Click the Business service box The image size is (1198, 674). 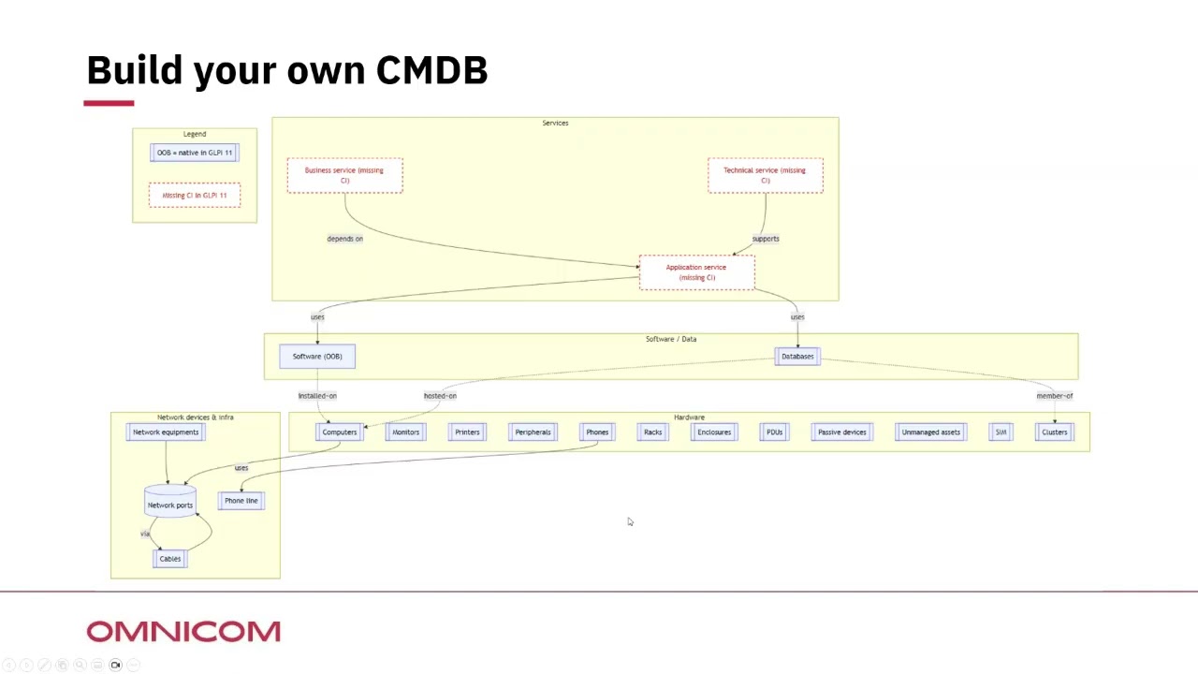pyautogui.click(x=344, y=175)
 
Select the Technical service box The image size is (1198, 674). pyautogui.click(x=765, y=175)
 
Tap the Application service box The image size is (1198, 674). pyautogui.click(x=696, y=272)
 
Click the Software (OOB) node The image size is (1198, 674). pyautogui.click(x=317, y=356)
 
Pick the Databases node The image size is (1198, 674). pyautogui.click(x=797, y=356)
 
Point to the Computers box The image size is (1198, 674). pyautogui.click(x=339, y=432)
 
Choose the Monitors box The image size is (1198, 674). pyautogui.click(x=405, y=432)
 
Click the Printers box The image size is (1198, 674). pyautogui.click(x=467, y=432)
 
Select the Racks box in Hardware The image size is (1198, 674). pyautogui.click(x=652, y=432)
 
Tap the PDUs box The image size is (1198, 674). pyautogui.click(x=774, y=432)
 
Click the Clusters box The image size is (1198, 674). pyautogui.click(x=1054, y=432)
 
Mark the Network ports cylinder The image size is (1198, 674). pyautogui.click(x=169, y=503)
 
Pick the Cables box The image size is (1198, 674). pyautogui.click(x=169, y=559)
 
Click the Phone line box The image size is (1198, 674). pyautogui.click(x=241, y=501)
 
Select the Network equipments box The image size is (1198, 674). pyautogui.click(x=166, y=432)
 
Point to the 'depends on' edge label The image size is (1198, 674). pyautogui.click(x=344, y=239)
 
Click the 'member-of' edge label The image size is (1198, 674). pyautogui.click(x=1054, y=396)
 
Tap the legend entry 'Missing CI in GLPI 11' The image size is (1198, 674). pyautogui.click(x=194, y=195)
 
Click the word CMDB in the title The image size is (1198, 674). pyautogui.click(x=431, y=70)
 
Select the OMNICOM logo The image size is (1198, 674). pyautogui.click(x=183, y=632)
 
